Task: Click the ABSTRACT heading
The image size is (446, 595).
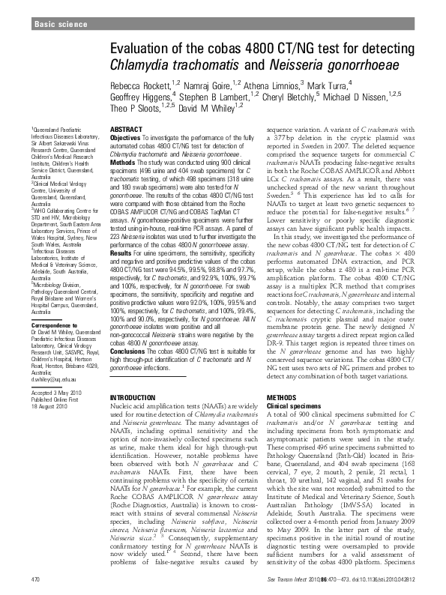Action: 126,130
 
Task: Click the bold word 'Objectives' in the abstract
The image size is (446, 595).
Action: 124,139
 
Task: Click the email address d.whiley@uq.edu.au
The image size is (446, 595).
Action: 55,380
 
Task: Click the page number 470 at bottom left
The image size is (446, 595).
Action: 34,579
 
